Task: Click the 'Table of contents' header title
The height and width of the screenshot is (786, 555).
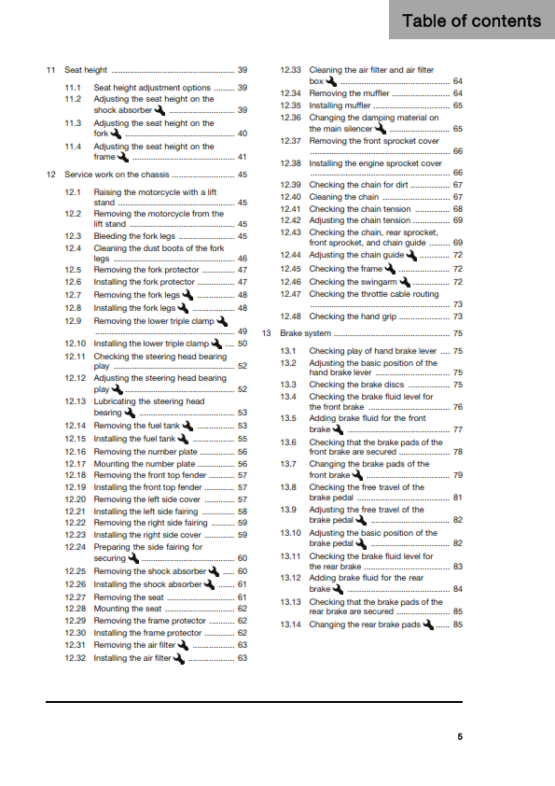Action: (471, 21)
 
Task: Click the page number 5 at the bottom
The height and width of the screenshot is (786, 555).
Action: (459, 737)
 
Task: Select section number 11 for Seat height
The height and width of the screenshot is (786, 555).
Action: (50, 70)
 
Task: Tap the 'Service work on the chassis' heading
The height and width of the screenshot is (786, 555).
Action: (117, 175)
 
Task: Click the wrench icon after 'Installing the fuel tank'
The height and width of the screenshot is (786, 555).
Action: (183, 438)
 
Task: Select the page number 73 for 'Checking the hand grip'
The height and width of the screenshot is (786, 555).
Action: (457, 316)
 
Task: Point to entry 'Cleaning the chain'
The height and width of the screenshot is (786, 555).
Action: (343, 197)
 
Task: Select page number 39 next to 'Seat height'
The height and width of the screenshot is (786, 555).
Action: (242, 70)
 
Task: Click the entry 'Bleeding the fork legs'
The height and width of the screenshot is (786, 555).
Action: (134, 237)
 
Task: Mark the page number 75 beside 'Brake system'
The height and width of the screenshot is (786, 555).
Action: (457, 333)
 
